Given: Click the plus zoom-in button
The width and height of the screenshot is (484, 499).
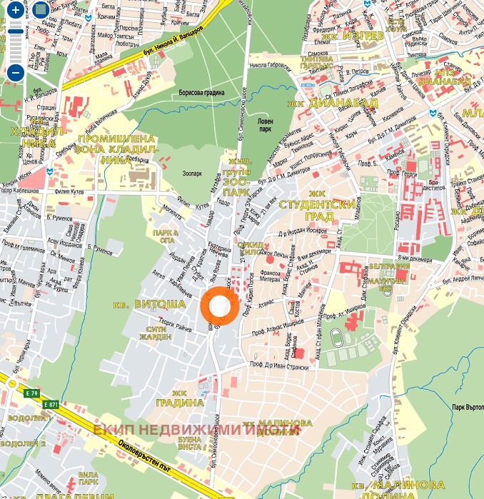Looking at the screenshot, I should coord(16,11).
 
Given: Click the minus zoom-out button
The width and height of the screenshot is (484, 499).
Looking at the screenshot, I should coord(16,71).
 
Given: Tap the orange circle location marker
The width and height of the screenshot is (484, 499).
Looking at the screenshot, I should coord(219,306).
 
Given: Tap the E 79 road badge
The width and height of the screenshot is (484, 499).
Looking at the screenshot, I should coord(30,393).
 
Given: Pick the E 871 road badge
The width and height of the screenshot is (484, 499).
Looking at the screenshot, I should coord(50,405).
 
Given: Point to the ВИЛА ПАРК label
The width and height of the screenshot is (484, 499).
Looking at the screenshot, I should coord(88,478).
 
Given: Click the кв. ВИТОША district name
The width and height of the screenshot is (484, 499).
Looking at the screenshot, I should coord(150,304).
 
